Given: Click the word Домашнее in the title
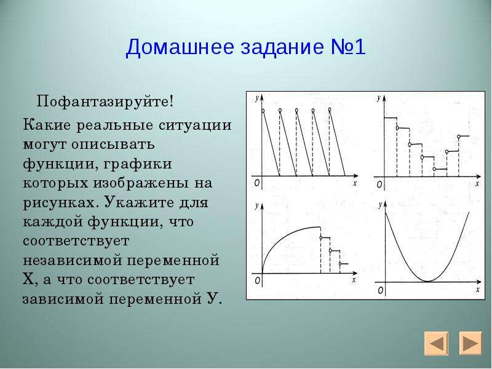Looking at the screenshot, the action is click(x=180, y=48).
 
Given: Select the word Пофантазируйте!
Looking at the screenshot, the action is click(x=105, y=102).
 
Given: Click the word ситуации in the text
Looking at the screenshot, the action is click(x=195, y=125).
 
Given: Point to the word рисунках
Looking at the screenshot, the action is click(x=58, y=203).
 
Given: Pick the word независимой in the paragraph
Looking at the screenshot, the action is click(x=73, y=261).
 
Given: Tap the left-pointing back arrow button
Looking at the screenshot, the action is click(x=437, y=344).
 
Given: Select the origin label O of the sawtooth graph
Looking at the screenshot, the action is click(x=256, y=183).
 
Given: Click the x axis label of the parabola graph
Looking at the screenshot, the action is click(x=478, y=290).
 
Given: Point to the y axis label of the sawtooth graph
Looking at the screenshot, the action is click(x=257, y=98).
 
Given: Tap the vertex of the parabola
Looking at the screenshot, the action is click(x=428, y=281).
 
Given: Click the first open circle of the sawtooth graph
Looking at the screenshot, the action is click(x=263, y=111).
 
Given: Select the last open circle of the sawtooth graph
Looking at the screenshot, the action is click(x=330, y=109).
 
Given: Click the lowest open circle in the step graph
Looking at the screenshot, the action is click(x=434, y=169).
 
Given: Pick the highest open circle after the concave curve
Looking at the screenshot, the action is click(x=320, y=237).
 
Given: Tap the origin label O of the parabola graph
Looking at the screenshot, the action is click(x=380, y=290).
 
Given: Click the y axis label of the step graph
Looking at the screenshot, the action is click(x=379, y=98).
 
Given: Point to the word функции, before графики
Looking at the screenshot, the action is click(x=58, y=164).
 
